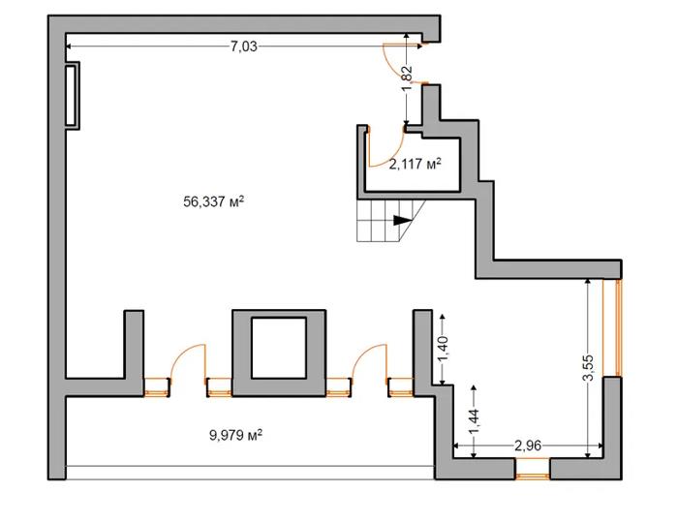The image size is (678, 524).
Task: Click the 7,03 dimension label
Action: [x=243, y=46]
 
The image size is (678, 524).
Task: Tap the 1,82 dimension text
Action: [x=407, y=78]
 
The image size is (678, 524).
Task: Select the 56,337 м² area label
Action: [x=214, y=201]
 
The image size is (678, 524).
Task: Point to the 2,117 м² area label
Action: [x=416, y=164]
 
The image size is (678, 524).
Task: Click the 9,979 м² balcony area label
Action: [x=236, y=435]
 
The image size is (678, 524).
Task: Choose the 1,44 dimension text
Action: [x=474, y=422]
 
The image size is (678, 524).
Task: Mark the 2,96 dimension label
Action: [x=528, y=446]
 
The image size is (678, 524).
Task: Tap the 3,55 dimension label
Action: [x=588, y=368]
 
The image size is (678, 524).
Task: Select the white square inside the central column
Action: [x=279, y=348]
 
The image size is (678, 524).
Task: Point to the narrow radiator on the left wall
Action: [x=72, y=96]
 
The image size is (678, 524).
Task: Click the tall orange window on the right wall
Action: [x=618, y=327]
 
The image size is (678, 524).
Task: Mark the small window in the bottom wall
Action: [x=533, y=476]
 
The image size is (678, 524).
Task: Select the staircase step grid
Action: [x=385, y=221]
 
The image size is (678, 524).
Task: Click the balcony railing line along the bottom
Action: [x=250, y=466]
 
